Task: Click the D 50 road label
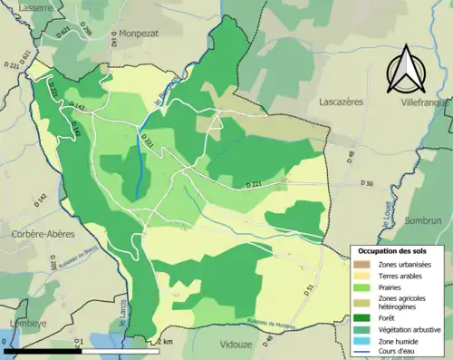(x=365, y=184)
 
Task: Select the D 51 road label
(x=307, y=290)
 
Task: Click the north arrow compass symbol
(x=406, y=69)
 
